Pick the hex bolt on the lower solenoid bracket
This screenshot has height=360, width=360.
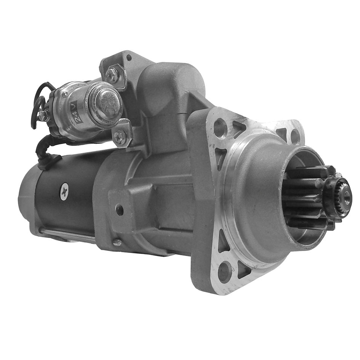coord(120,137)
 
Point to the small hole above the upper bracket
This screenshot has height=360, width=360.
coord(129,58)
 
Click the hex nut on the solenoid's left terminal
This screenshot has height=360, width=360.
coord(43,115)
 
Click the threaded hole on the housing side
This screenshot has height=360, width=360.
coord(120,210)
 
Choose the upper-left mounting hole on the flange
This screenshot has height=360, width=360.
coord(220,127)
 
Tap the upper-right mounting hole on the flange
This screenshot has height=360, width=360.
coord(295,136)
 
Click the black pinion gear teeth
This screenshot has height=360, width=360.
coord(305,198)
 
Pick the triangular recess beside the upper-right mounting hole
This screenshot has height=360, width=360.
coord(282,133)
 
